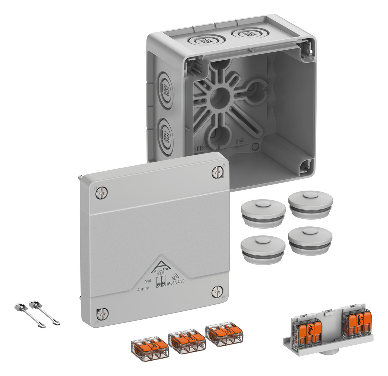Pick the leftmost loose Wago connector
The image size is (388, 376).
tap(149, 349)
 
